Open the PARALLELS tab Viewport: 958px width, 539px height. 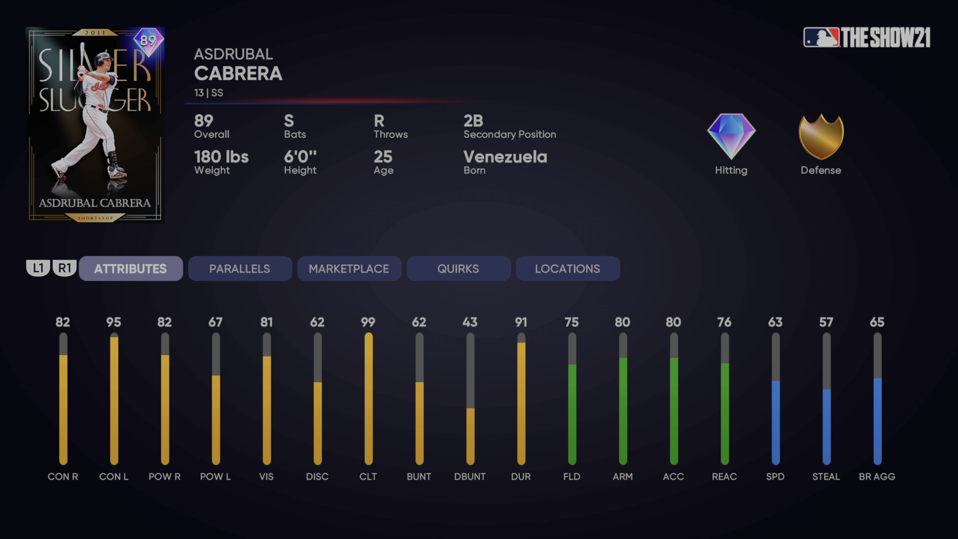pyautogui.click(x=239, y=269)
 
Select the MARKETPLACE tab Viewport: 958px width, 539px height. pyautogui.click(x=349, y=269)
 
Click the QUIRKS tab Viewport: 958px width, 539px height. pyautogui.click(x=458, y=269)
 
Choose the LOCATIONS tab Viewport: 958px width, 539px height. pyautogui.click(x=567, y=269)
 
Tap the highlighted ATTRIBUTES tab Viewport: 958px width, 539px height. pyautogui.click(x=131, y=269)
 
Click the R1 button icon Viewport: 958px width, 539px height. pyautogui.click(x=65, y=268)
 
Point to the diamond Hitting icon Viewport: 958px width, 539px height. pyautogui.click(x=731, y=136)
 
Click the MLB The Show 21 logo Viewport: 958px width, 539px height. pyautogui.click(x=867, y=37)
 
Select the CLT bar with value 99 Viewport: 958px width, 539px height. pyautogui.click(x=369, y=398)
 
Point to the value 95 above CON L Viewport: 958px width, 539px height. pyautogui.click(x=114, y=322)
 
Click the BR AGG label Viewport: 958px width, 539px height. pyautogui.click(x=877, y=476)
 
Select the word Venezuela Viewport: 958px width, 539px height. pyautogui.click(x=505, y=157)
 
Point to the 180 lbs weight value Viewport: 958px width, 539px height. pyautogui.click(x=221, y=157)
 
